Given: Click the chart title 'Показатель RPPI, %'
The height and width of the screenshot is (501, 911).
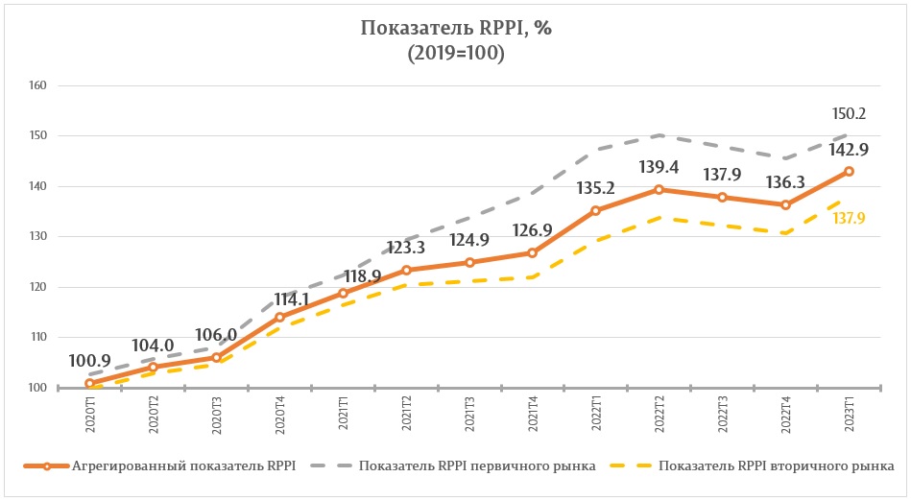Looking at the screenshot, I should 456,28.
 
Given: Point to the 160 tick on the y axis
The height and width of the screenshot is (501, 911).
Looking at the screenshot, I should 39,85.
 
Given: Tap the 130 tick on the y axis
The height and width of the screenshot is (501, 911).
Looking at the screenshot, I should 39,236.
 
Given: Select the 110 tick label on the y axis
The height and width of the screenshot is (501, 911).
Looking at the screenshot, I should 39,337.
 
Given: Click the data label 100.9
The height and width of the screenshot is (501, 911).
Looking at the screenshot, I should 88,362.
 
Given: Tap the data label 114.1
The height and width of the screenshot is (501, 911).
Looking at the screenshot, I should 278,298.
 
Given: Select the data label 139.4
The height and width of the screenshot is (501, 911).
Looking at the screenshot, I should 659,168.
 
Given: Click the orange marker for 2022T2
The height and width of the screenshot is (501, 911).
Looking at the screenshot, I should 659,189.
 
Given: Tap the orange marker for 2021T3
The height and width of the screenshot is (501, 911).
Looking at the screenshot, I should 469,262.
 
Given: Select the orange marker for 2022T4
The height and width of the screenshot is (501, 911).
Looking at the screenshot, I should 785,204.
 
